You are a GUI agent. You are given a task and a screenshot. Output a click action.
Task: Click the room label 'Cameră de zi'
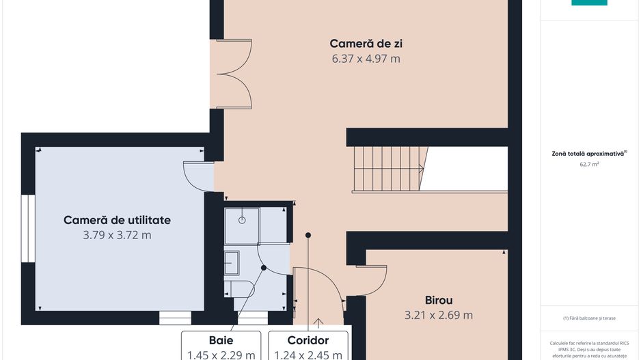[366, 44]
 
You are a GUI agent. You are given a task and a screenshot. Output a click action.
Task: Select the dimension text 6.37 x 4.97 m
[366, 59]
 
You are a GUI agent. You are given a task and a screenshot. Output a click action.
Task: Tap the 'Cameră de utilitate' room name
[117, 220]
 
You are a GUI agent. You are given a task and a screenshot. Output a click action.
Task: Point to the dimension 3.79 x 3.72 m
[117, 235]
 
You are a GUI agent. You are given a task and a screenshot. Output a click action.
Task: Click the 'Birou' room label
[439, 300]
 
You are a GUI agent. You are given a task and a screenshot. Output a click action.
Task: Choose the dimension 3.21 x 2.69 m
[439, 315]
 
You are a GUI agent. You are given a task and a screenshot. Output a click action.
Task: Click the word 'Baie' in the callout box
[221, 340]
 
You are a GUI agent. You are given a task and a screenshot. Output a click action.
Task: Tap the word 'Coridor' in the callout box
[308, 340]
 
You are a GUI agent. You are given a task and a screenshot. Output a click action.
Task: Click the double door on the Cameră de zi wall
[232, 74]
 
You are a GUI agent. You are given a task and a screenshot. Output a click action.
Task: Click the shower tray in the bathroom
[242, 225]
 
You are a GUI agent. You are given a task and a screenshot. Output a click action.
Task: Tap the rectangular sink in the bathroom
[232, 262]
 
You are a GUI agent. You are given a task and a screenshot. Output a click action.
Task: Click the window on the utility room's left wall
[27, 229]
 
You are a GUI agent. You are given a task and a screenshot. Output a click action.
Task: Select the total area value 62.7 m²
[589, 165]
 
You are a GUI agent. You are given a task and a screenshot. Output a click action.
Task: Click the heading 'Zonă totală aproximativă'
[589, 154]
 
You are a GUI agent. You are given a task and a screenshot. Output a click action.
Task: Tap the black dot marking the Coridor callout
[308, 235]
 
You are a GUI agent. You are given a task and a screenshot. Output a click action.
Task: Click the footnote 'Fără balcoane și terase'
[589, 318]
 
